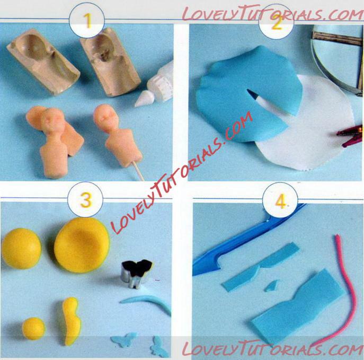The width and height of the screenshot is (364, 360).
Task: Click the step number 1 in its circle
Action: (87, 21)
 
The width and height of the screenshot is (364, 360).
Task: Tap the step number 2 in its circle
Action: (277, 23)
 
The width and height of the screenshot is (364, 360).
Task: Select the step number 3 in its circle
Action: (86, 200)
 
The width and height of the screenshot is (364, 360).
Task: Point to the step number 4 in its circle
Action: (280, 201)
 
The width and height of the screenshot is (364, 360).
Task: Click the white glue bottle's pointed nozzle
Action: (142, 99)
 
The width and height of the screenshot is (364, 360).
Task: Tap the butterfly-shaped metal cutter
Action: (136, 273)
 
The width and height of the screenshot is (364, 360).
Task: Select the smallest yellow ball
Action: (34, 328)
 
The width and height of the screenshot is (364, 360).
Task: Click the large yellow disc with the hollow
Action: (82, 245)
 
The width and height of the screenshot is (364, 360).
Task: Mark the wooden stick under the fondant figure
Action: (138, 171)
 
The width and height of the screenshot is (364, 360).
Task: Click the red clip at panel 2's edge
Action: (350, 136)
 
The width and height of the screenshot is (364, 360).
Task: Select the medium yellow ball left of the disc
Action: (21, 249)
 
